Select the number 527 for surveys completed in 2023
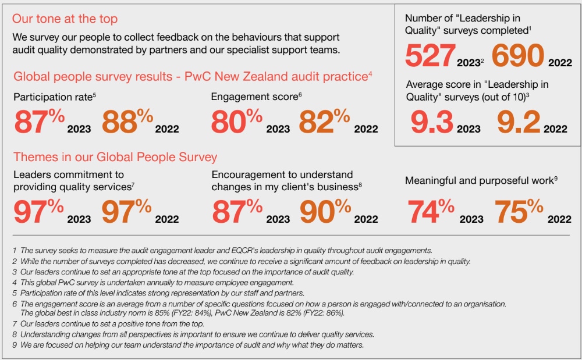click(x=430, y=56)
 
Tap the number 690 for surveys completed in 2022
click(x=517, y=56)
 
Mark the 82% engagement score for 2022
click(x=325, y=122)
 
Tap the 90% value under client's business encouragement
click(x=325, y=211)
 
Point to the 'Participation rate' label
click(x=52, y=97)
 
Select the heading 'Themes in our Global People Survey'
click(x=115, y=156)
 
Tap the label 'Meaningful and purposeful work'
click(x=479, y=181)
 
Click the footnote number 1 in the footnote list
click(x=14, y=250)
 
